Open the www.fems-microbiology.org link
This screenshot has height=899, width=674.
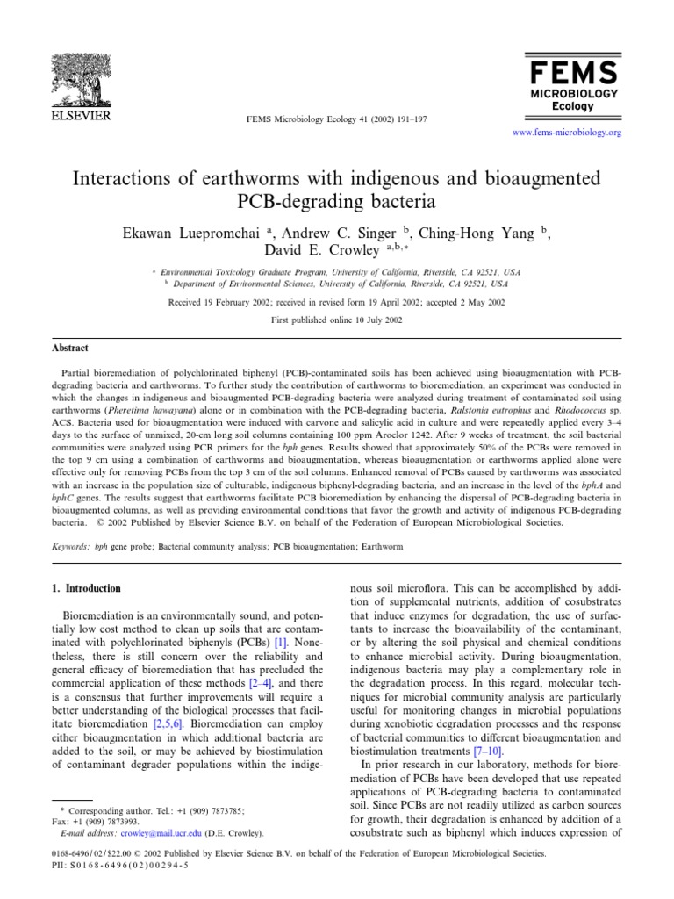click(565, 133)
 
